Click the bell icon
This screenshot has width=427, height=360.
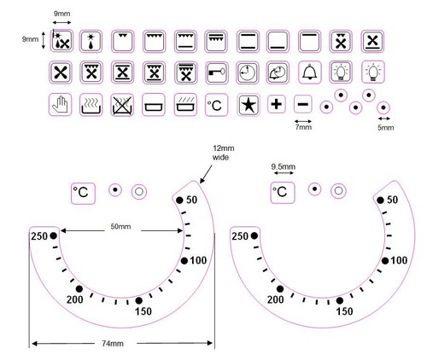pos(310,73)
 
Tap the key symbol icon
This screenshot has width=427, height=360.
pos(216,73)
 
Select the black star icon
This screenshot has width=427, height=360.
pos(249,105)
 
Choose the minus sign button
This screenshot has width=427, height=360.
pos(303,104)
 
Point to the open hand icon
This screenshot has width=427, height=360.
pos(60,105)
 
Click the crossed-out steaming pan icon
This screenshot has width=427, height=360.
pos(122,105)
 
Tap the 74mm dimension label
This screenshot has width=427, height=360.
pos(113,344)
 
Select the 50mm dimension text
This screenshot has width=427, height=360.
pos(120,227)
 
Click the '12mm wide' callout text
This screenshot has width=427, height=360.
pos(224,153)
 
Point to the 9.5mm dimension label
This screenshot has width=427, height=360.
pos(284,166)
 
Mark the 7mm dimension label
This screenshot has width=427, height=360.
pos(303,127)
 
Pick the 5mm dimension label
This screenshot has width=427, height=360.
pos(386,128)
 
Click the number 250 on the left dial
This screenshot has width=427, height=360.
pos(39,236)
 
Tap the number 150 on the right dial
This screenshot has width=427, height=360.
pos(344,311)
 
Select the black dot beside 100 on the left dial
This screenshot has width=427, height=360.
pos(184,260)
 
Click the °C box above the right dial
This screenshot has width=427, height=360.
pos(283,193)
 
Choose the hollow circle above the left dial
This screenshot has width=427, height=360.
pos(139,191)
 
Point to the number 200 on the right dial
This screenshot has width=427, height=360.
pos(275,299)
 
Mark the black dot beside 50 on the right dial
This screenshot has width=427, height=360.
pos(380,200)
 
